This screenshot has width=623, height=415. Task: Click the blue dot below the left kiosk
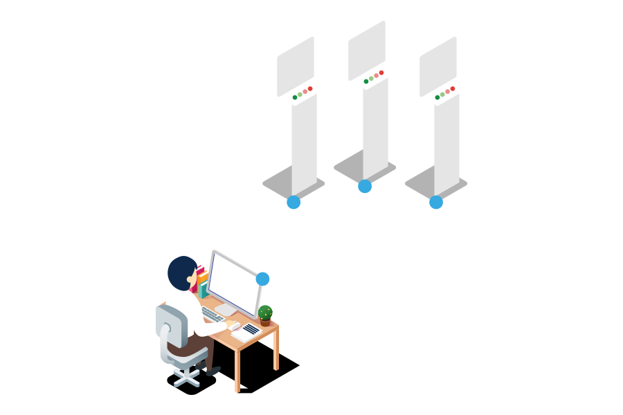pyautogui.click(x=294, y=202)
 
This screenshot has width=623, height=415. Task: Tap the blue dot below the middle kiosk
pyautogui.click(x=365, y=186)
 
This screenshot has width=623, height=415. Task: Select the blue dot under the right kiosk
pyautogui.click(x=436, y=202)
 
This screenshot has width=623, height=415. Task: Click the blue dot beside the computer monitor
pyautogui.click(x=262, y=279)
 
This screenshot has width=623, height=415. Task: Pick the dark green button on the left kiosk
pyautogui.click(x=295, y=98)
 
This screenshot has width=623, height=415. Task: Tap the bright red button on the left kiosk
pyautogui.click(x=310, y=89)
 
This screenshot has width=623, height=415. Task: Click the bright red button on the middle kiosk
pyautogui.click(x=381, y=73)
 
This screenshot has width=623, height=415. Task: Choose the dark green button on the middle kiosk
pyautogui.click(x=366, y=82)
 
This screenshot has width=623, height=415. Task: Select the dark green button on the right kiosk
pyautogui.click(x=437, y=98)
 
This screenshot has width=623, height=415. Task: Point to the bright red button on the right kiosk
pyautogui.click(x=453, y=89)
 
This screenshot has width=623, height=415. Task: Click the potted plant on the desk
pyautogui.click(x=265, y=315)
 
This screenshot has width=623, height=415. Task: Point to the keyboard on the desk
pyautogui.click(x=213, y=315)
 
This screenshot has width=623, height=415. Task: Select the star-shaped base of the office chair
pyautogui.click(x=186, y=376)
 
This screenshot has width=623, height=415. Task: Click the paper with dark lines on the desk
pyautogui.click(x=250, y=329)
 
